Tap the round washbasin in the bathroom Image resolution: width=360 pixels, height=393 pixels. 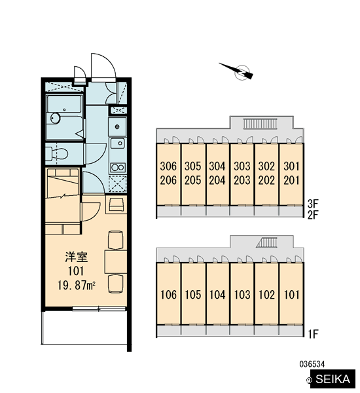(55, 118)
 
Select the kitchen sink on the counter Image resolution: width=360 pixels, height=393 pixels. (117, 143)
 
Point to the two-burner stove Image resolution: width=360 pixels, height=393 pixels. (118, 167)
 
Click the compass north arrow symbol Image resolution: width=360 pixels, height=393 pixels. (237, 71)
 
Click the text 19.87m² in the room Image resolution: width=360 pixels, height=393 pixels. (76, 285)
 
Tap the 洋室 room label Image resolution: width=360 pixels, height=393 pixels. (76, 257)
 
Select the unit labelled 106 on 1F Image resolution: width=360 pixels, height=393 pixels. (168, 295)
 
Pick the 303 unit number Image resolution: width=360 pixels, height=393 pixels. (242, 166)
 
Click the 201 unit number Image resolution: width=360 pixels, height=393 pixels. (291, 180)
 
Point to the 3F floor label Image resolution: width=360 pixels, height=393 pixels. (313, 204)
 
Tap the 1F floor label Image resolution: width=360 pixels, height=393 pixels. (313, 334)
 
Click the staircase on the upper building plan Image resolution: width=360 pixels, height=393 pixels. (261, 124)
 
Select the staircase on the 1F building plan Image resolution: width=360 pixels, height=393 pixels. (266, 242)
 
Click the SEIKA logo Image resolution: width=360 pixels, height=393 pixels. (333, 379)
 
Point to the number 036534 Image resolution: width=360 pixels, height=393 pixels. (312, 364)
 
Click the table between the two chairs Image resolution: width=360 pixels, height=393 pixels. (115, 261)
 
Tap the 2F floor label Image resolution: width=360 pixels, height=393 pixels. (313, 215)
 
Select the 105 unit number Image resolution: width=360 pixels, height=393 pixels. (193, 295)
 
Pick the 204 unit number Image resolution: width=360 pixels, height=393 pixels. (217, 180)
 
